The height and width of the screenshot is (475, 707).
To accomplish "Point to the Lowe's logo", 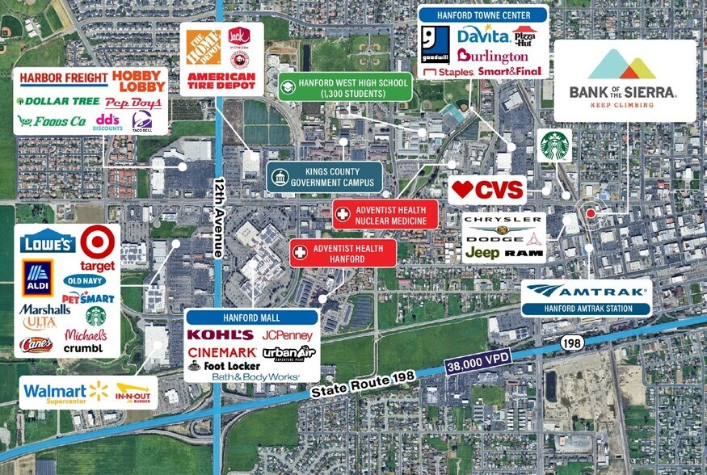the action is coord(49,242).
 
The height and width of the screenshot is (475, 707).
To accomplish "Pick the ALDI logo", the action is coord(38,278).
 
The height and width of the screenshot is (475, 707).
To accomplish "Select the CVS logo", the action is coord(487,191).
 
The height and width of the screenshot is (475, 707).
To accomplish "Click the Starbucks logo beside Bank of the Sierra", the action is coord(555,145).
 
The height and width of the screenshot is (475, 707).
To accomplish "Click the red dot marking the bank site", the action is coord(591,212).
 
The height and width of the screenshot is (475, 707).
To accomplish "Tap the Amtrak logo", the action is coord(586,292).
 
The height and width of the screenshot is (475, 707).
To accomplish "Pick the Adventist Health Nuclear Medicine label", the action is coord(385,215).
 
